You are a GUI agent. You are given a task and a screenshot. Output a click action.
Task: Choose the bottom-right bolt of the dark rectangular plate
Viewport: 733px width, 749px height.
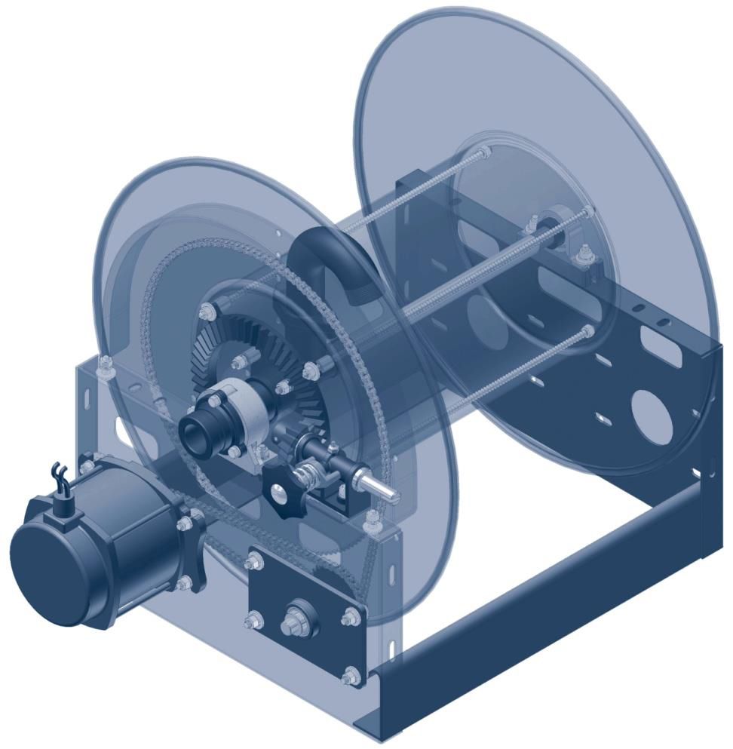(351, 677)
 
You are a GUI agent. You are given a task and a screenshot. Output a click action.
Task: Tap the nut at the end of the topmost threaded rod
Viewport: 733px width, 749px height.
(484, 153)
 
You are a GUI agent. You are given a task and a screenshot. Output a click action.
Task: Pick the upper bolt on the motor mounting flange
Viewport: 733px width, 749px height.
(183, 523)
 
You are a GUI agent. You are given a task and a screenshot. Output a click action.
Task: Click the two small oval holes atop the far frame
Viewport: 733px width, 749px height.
(649, 315)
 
